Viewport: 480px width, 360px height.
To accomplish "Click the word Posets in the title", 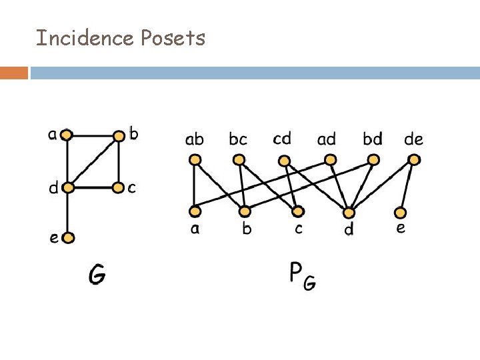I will click(x=173, y=38).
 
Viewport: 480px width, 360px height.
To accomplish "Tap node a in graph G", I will click(x=67, y=135).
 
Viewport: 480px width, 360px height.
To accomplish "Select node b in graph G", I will click(x=119, y=136).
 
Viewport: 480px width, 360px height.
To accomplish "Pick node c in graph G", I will click(x=119, y=187).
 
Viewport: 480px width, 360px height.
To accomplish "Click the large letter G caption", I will click(x=97, y=274).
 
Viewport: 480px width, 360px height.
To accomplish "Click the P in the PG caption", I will click(x=297, y=272).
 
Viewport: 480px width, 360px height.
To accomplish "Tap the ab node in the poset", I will click(x=195, y=160).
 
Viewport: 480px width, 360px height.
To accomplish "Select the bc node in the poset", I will click(x=239, y=160).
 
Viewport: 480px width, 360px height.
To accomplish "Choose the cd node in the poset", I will click(x=285, y=161).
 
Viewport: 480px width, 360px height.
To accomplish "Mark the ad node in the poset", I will click(x=329, y=159).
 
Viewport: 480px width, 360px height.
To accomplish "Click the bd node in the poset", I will click(x=373, y=160).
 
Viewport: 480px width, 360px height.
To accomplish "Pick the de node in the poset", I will click(x=414, y=159).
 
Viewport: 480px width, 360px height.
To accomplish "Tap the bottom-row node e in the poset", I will click(x=400, y=213).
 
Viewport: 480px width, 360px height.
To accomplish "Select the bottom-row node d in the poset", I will click(x=348, y=213).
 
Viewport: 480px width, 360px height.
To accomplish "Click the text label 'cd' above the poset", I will click(x=282, y=139).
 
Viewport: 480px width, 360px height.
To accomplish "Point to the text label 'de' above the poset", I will click(x=413, y=139).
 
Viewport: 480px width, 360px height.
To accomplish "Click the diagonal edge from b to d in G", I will click(x=93, y=161).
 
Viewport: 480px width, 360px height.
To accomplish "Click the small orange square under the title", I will click(x=14, y=72).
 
